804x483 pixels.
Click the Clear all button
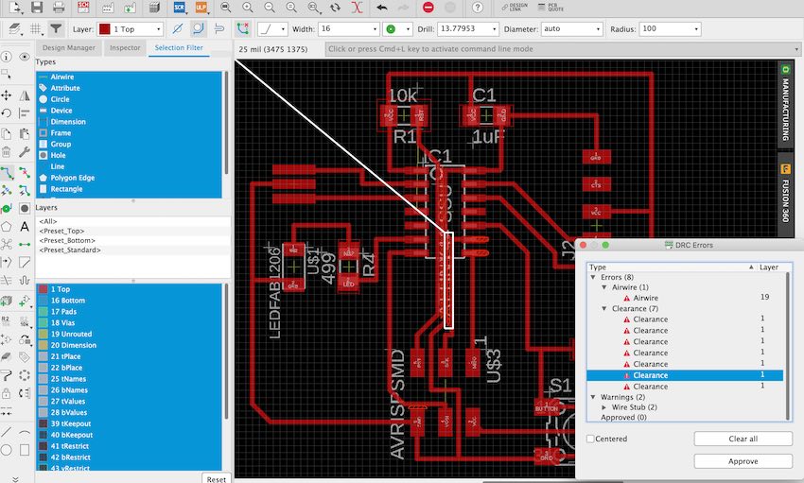click(743, 439)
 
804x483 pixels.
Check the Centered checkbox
click(591, 439)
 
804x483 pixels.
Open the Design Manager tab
click(69, 47)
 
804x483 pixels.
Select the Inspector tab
click(125, 47)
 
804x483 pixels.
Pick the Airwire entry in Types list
click(63, 76)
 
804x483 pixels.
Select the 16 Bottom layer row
click(69, 300)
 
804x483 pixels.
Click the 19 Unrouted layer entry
click(72, 334)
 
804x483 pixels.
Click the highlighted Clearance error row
click(651, 375)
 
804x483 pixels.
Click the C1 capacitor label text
click(484, 95)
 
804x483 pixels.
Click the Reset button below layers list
click(217, 478)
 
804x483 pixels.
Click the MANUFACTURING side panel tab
click(785, 104)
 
